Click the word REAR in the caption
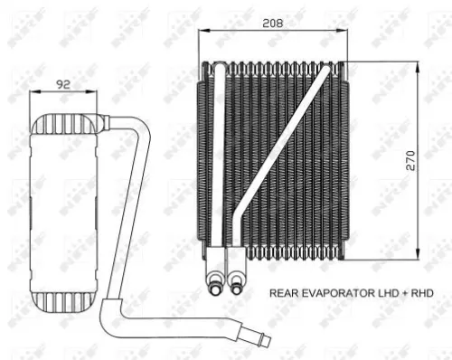click(x=286, y=294)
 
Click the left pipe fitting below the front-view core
click(x=218, y=281)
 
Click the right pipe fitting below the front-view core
click(x=237, y=281)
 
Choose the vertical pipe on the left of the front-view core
click(x=220, y=163)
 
